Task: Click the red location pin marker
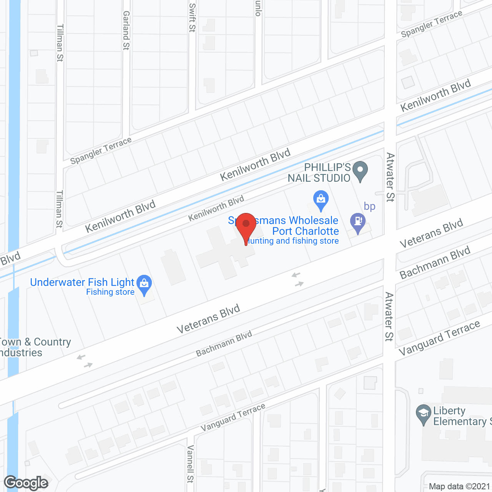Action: [246, 225]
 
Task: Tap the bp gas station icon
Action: [358, 222]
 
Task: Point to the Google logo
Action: [26, 483]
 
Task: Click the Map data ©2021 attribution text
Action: [459, 486]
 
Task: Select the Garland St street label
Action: [126, 30]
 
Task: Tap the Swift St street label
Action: [193, 17]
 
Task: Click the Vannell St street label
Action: [190, 464]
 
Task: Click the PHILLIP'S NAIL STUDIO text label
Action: [319, 173]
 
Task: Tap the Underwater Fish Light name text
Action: [82, 282]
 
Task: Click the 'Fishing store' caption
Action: [110, 292]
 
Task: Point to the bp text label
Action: [369, 206]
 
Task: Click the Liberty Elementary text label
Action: [459, 416]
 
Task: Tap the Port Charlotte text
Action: [306, 231]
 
